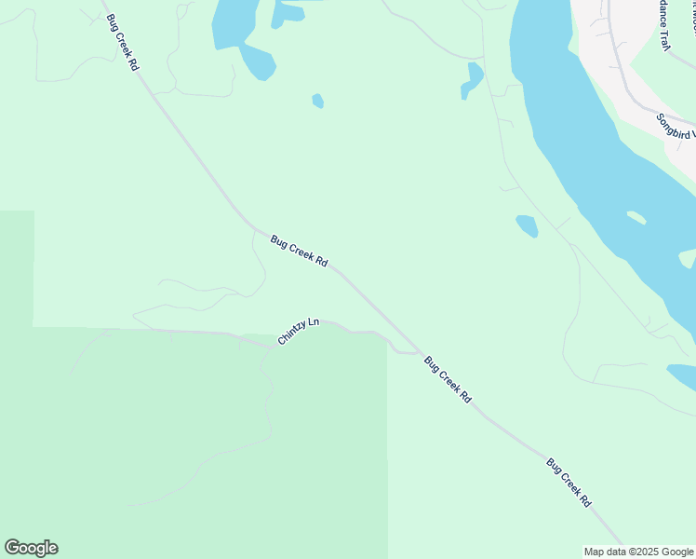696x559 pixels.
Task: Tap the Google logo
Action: point(31,548)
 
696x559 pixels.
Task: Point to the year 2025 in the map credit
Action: point(648,552)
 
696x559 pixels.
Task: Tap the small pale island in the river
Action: point(636,218)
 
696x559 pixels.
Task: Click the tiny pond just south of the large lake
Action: point(318,101)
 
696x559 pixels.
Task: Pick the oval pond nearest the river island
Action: point(527,225)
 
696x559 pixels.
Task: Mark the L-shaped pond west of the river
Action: point(473,80)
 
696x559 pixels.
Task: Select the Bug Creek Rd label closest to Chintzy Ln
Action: point(299,252)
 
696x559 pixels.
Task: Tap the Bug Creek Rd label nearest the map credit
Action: point(569,482)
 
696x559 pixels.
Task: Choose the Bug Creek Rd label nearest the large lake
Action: point(122,42)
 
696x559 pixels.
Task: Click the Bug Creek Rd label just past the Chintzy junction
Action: point(448,379)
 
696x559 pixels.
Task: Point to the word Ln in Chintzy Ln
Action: point(313,323)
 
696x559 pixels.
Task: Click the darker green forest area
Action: point(186,438)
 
